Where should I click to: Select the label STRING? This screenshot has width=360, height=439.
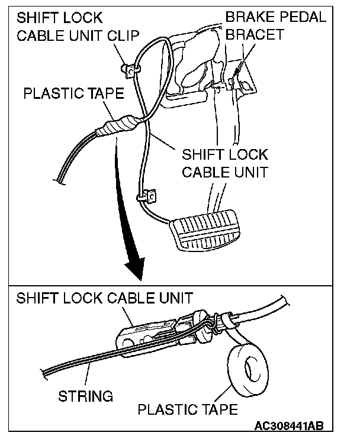click(x=86, y=396)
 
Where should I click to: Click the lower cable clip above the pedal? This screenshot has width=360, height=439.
click(x=146, y=195)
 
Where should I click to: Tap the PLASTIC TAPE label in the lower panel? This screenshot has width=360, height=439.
click(x=188, y=409)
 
